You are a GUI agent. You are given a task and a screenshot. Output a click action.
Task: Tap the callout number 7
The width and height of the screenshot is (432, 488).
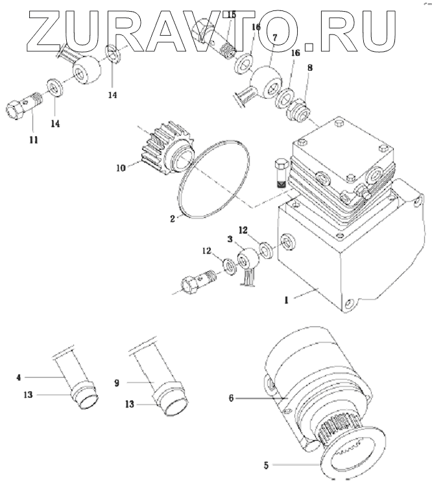[x=276, y=38]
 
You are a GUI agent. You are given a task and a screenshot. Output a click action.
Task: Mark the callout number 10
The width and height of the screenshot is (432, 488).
[x=121, y=167]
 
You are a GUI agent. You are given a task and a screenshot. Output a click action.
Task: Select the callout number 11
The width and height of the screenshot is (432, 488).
[x=32, y=140]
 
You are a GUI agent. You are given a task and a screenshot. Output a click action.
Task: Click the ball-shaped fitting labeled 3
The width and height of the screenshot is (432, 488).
[x=248, y=260]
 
